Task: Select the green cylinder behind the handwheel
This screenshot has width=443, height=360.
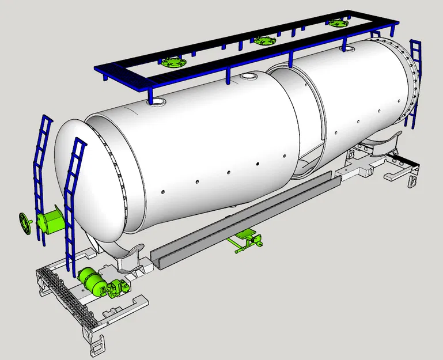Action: [50, 221]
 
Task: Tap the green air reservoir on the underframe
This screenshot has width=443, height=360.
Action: [90, 281]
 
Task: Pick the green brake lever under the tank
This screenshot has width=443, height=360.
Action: [245, 240]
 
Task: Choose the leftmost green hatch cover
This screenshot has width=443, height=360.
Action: [171, 62]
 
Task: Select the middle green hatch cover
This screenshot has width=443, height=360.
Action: [263, 41]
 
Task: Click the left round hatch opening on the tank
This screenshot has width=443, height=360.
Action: [156, 102]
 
